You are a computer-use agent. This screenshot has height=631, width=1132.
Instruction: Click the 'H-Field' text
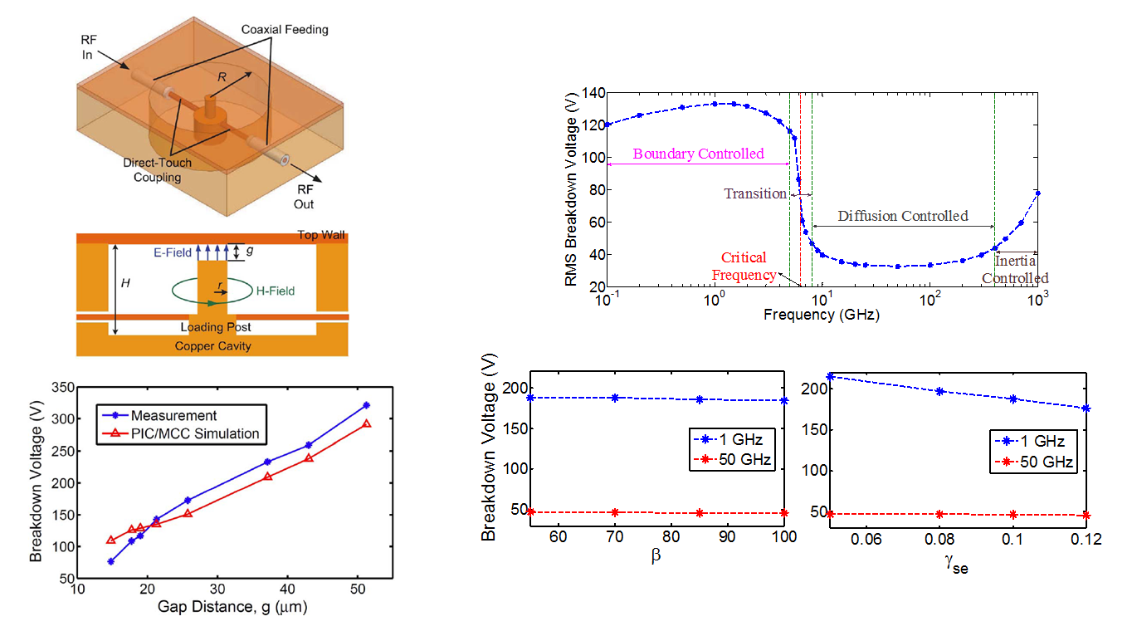point(274,291)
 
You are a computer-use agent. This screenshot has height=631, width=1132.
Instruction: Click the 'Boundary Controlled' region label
point(698,154)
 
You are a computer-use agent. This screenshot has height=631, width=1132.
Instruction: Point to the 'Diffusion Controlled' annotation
point(903,216)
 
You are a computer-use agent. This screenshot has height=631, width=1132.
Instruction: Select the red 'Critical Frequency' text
point(745,266)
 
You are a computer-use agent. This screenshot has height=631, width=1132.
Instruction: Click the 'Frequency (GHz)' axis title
point(822,315)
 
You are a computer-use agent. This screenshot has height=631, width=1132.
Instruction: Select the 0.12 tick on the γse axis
point(1086,540)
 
